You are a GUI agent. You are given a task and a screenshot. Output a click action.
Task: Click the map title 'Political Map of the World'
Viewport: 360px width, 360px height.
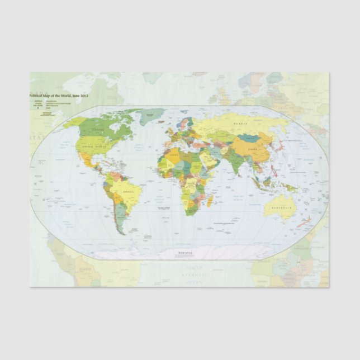coord(59,96)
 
